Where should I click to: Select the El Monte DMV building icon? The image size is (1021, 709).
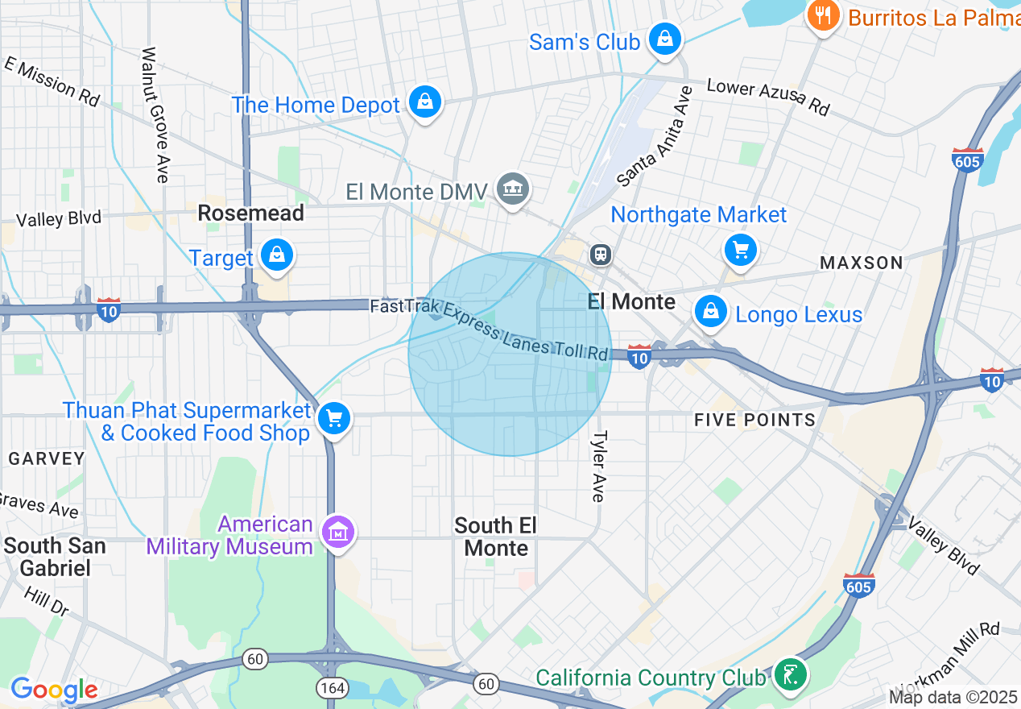tap(513, 189)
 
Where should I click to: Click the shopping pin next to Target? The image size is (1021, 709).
tap(278, 255)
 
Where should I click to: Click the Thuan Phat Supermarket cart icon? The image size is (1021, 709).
tap(333, 418)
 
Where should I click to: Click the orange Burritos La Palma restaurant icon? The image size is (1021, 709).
tap(823, 15)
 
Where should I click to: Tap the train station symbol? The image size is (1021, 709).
tap(601, 255)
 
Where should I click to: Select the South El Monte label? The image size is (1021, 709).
tap(496, 537)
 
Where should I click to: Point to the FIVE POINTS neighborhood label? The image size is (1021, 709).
tap(754, 420)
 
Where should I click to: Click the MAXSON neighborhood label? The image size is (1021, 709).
tap(861, 263)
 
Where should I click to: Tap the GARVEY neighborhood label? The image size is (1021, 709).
tap(47, 458)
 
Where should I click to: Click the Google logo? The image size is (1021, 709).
tap(54, 690)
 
